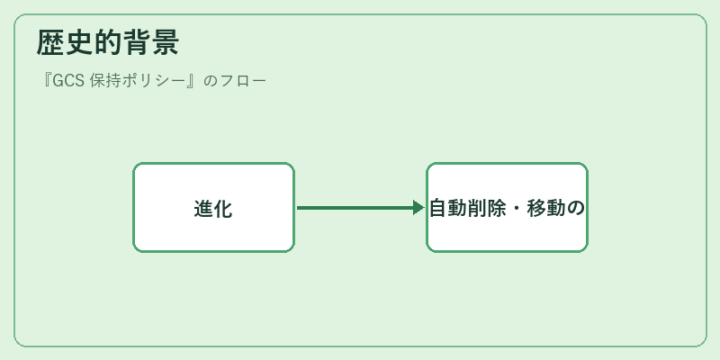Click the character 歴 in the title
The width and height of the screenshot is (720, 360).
click(50, 42)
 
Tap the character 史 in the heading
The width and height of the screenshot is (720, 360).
click(79, 42)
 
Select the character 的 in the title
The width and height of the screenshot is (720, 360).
click(107, 42)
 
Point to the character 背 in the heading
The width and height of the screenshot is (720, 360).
click(136, 42)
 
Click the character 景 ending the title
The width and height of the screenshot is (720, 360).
click(165, 42)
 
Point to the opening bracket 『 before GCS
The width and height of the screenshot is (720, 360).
click(46, 80)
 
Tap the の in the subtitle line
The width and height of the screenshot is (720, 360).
click(210, 81)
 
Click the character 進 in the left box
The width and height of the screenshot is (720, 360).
click(203, 209)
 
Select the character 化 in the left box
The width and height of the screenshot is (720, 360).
click(222, 209)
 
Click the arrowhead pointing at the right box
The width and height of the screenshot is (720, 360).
click(418, 208)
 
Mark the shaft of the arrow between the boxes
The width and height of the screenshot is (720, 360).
click(355, 208)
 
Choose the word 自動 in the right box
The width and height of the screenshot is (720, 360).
click(448, 209)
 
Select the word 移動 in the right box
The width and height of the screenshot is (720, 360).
click(545, 209)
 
